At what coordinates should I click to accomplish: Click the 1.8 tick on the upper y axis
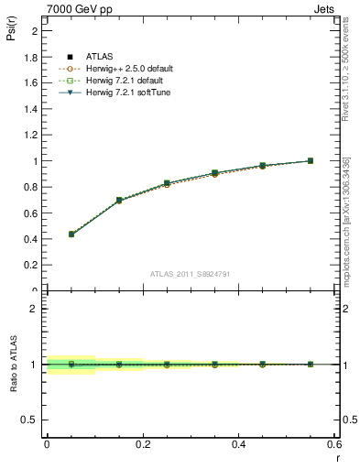[32, 57]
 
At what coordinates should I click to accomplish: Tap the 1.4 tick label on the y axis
[32, 109]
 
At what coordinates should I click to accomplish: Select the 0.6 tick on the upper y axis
[32, 213]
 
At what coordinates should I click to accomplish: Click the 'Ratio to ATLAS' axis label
[12, 364]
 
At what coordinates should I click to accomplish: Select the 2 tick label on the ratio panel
[34, 309]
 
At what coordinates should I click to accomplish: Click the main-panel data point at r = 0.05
[71, 234]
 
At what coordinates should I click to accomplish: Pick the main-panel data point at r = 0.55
[311, 161]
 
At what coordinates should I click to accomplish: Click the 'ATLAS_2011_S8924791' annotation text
[189, 273]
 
